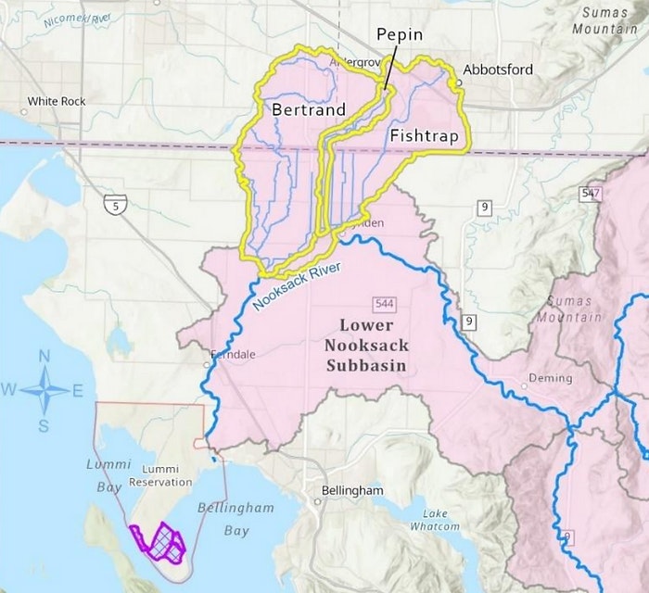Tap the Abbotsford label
(495, 69)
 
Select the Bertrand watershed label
(309, 109)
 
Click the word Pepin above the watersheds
(400, 34)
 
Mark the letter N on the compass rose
(44, 356)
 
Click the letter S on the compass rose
(44, 426)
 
